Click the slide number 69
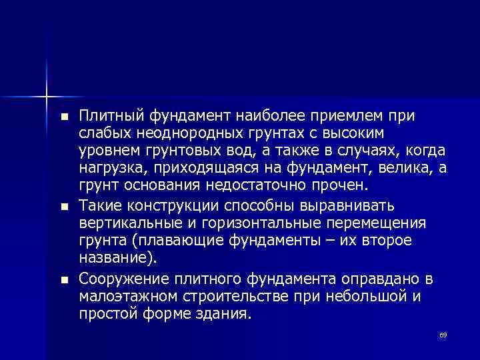[442, 335]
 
